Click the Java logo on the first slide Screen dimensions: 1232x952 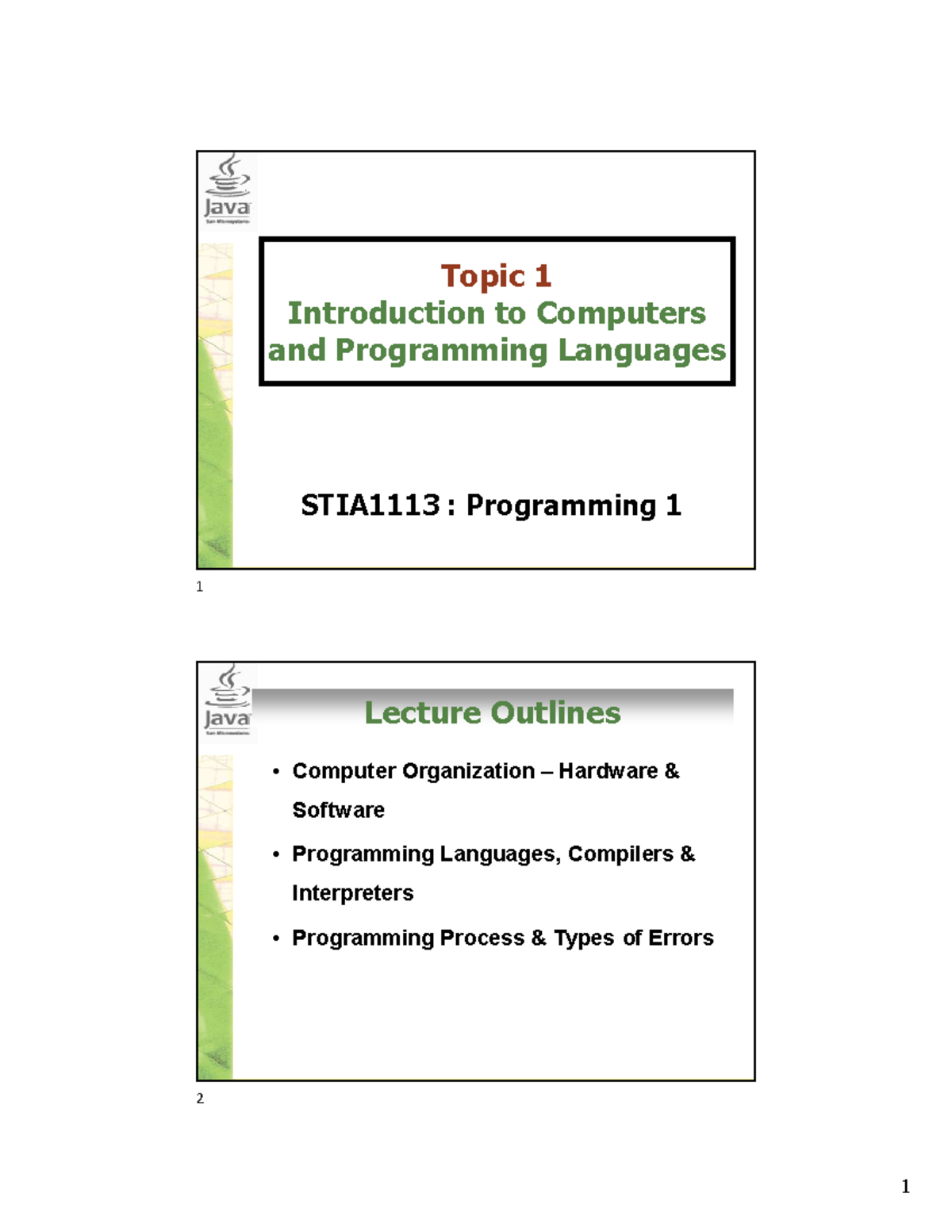click(x=228, y=189)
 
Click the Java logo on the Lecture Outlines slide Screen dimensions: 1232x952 click(x=228, y=700)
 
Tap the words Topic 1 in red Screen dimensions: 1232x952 click(x=496, y=276)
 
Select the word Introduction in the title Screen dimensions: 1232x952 click(x=386, y=313)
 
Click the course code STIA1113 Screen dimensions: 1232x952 click(x=370, y=505)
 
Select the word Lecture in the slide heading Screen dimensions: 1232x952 click(x=418, y=712)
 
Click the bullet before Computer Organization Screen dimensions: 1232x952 click(x=276, y=772)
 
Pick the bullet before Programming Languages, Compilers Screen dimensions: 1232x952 click(x=276, y=855)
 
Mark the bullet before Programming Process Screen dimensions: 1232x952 click(x=276, y=938)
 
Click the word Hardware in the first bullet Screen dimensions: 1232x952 click(x=608, y=771)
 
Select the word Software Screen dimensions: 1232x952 click(x=338, y=810)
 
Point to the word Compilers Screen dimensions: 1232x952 click(x=620, y=854)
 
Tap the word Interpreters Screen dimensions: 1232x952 click(x=352, y=893)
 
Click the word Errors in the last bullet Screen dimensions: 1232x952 click(x=681, y=938)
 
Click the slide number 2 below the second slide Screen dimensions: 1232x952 click(x=200, y=1099)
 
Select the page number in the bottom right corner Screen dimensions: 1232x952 click(x=905, y=1187)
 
